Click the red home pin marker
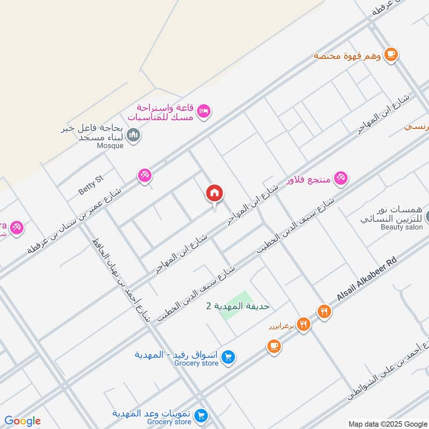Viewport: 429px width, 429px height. pyautogui.click(x=214, y=194)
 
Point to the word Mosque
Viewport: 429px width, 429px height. pyautogui.click(x=110, y=145)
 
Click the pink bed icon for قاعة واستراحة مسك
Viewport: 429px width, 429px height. pyautogui.click(x=204, y=112)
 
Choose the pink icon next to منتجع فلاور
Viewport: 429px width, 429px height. pyautogui.click(x=341, y=177)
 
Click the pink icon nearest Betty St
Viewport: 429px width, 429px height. pyautogui.click(x=144, y=175)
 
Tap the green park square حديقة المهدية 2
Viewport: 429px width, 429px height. pyautogui.click(x=236, y=306)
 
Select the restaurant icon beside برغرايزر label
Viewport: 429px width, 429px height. pyautogui.click(x=304, y=324)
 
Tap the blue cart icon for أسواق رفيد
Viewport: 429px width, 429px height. pyautogui.click(x=228, y=356)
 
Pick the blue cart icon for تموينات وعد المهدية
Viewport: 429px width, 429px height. pyautogui.click(x=202, y=415)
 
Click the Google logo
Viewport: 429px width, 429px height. pyautogui.click(x=22, y=421)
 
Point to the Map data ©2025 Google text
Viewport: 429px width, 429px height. pyautogui.click(x=387, y=423)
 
